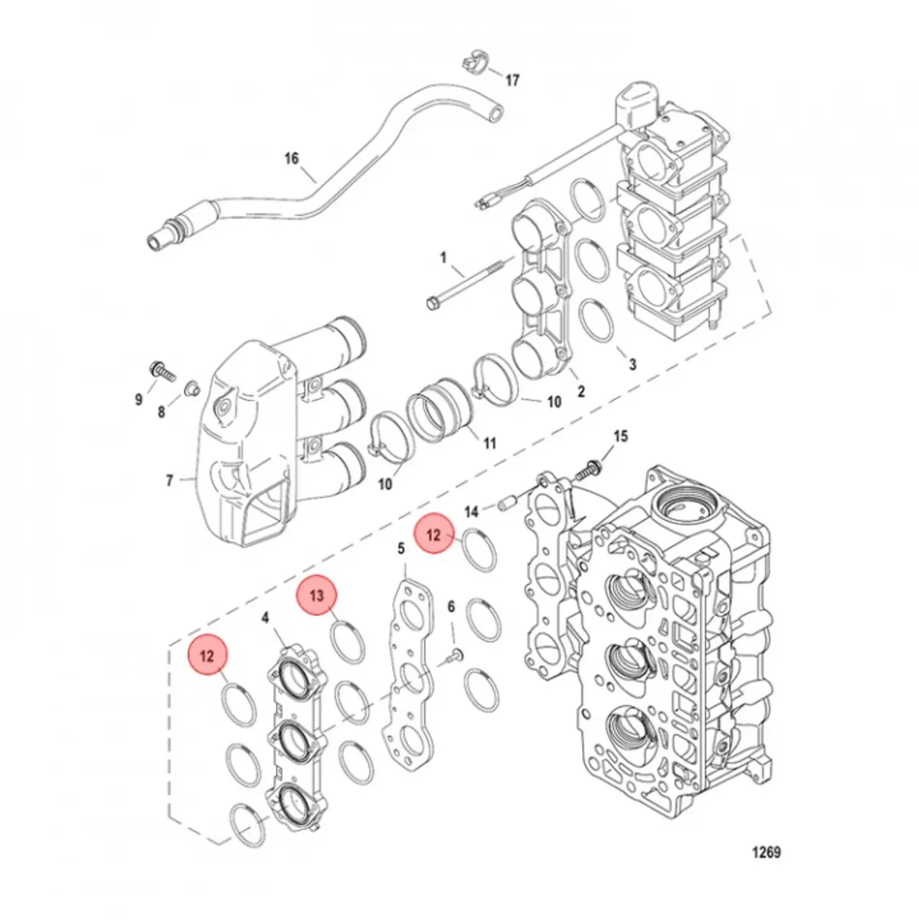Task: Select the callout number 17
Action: click(512, 80)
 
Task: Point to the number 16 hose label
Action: click(291, 159)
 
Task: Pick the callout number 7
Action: click(169, 481)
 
